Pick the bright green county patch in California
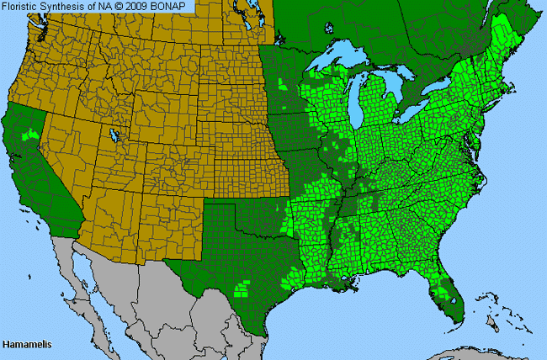[x=34, y=133]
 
